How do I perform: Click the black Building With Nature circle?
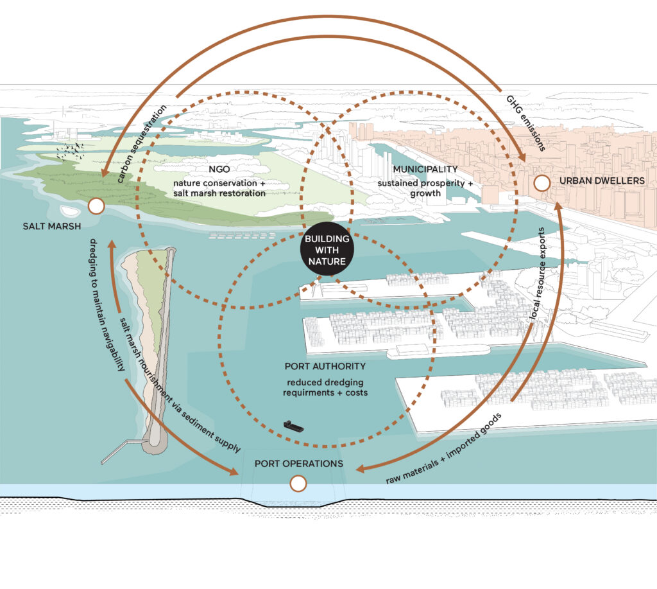tap(327, 250)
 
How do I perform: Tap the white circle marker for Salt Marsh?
tap(96, 206)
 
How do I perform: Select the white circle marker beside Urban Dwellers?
tap(542, 183)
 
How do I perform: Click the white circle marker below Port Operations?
tap(298, 483)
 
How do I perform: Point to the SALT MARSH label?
tap(52, 226)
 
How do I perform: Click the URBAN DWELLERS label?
tap(602, 181)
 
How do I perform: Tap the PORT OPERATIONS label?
tap(299, 464)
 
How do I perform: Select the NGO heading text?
tap(219, 169)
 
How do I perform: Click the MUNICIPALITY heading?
tap(425, 169)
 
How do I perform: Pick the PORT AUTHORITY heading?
tap(325, 366)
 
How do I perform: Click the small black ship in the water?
tap(294, 426)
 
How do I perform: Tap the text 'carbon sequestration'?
tap(142, 144)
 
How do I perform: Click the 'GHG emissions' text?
tap(526, 123)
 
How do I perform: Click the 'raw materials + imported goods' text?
tap(443, 448)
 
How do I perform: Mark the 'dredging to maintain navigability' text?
tap(107, 305)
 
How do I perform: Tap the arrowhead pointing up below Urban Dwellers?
tap(559, 208)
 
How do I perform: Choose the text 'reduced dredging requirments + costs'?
tap(325, 387)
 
